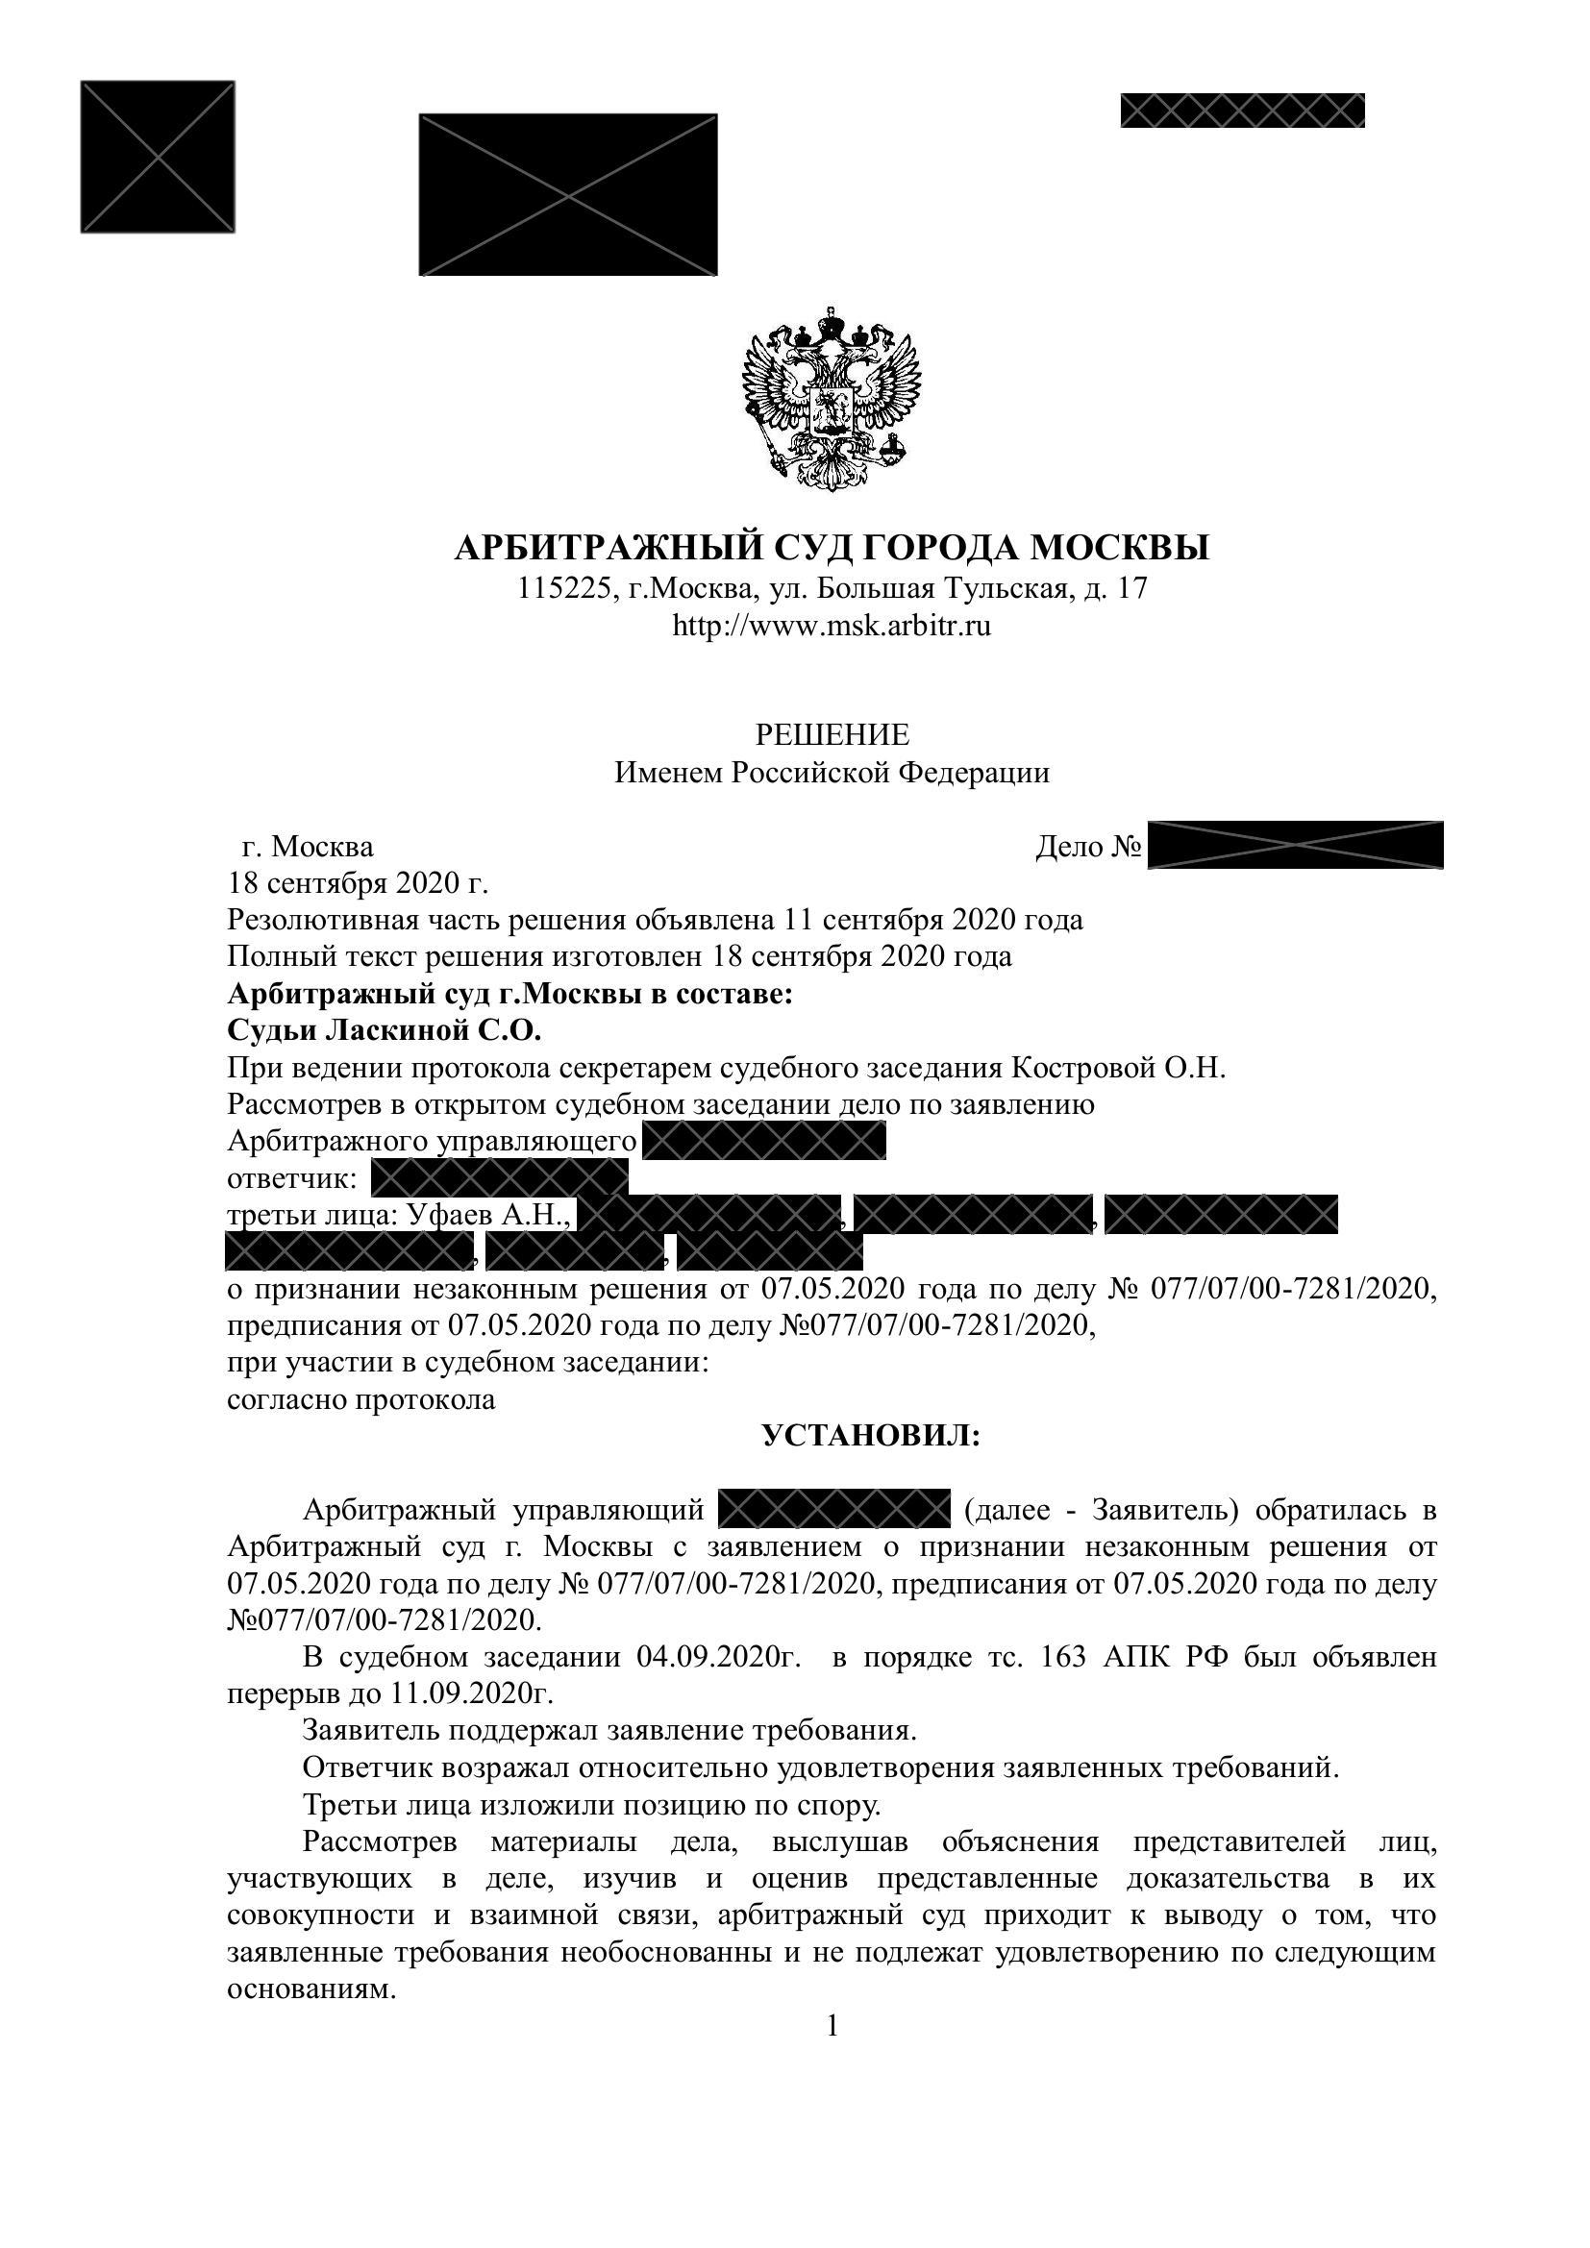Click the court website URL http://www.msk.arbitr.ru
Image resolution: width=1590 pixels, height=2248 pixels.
point(832,627)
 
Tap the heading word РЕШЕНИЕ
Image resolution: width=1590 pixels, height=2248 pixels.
point(832,734)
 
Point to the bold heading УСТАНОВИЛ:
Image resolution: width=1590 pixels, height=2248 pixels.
point(870,1436)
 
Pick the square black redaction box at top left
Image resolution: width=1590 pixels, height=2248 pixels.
point(158,158)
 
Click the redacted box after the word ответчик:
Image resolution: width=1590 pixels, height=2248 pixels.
point(499,1179)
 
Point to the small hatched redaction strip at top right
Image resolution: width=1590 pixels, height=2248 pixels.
point(1241,111)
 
